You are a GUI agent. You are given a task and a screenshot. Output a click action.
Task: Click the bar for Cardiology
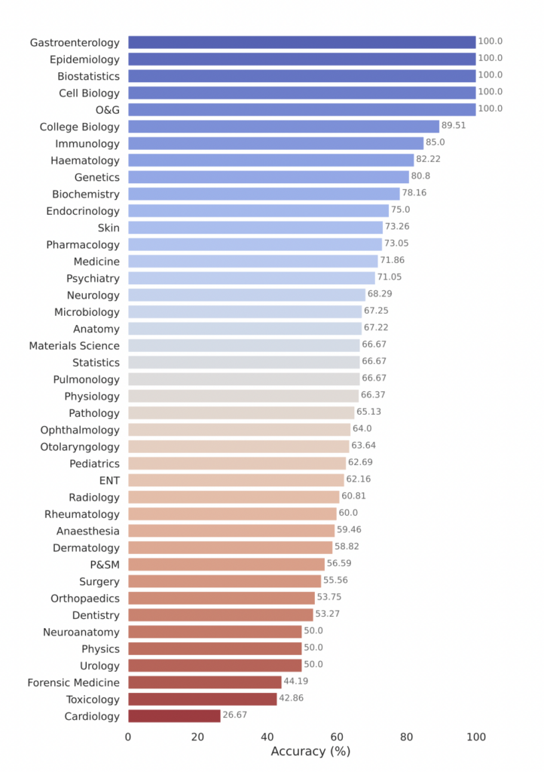174,716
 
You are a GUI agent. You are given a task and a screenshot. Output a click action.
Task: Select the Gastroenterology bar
301,42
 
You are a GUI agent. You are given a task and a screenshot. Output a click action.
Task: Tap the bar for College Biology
283,127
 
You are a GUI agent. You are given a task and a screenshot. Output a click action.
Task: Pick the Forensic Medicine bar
205,682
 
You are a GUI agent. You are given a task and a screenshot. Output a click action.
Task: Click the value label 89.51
454,126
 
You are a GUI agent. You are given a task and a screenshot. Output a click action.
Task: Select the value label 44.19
296,682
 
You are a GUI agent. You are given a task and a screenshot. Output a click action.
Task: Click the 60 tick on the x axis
337,737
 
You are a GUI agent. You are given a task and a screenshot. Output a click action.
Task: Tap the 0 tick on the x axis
128,737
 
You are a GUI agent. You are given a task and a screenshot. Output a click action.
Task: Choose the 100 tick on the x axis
475,737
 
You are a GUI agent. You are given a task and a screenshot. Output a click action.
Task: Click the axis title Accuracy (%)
310,752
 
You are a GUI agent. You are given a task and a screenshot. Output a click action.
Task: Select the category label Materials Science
74,346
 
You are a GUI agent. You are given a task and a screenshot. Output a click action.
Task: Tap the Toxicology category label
91,700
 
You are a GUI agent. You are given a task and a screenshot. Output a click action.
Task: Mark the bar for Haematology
271,161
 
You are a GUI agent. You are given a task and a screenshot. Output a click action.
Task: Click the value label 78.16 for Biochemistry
414,193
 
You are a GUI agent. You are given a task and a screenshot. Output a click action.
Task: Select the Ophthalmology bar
239,430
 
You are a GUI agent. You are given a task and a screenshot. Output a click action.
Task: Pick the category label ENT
109,480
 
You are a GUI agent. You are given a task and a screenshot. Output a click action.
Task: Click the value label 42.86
292,699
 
